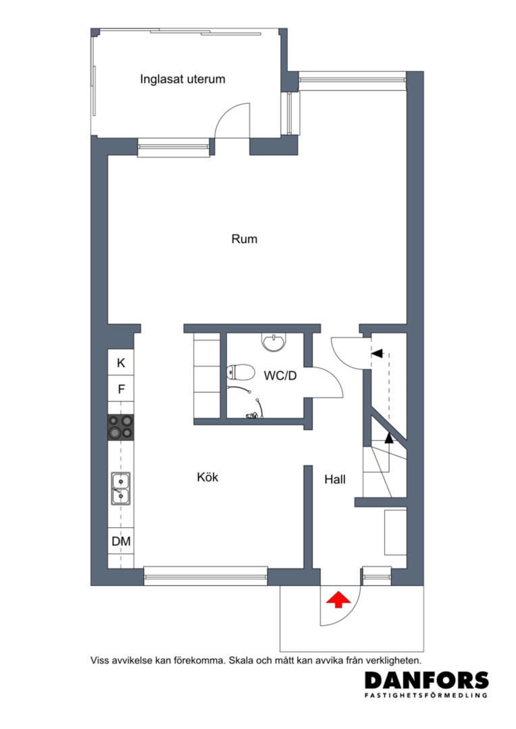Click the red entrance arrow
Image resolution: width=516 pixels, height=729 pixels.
(x=338, y=600)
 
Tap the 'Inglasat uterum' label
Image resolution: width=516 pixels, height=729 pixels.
(x=182, y=79)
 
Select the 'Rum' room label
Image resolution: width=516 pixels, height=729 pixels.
(x=244, y=239)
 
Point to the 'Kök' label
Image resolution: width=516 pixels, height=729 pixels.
(x=207, y=477)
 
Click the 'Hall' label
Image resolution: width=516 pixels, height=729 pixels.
(x=335, y=479)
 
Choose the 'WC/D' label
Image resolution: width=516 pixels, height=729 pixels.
(x=280, y=376)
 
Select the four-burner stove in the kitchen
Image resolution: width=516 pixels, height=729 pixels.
(x=121, y=427)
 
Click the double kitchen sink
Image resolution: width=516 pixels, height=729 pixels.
(x=120, y=488)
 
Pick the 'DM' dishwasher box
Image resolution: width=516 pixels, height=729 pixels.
(x=121, y=541)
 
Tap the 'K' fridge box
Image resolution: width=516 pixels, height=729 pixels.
(x=121, y=362)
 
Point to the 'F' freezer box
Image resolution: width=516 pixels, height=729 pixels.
(x=121, y=389)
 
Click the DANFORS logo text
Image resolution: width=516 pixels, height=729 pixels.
(x=427, y=681)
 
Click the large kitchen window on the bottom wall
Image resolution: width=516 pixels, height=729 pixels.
(x=205, y=576)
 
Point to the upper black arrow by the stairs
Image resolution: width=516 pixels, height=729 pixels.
(x=378, y=353)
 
